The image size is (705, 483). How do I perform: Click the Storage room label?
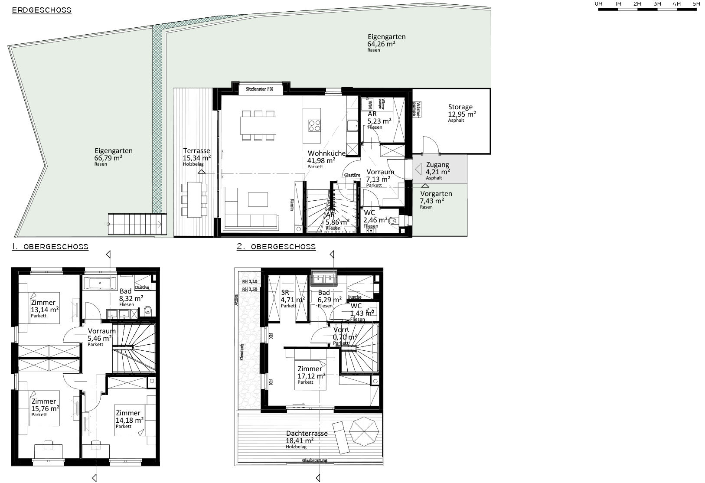click(x=460, y=107)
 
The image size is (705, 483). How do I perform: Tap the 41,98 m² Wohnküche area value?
click(x=321, y=160)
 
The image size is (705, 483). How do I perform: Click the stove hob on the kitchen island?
click(x=314, y=125)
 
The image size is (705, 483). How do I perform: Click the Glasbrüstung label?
click(x=315, y=460)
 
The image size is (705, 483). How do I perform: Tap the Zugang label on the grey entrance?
click(x=437, y=165)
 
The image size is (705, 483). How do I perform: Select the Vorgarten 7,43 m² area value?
click(x=431, y=201)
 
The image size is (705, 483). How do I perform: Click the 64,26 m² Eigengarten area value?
click(x=381, y=44)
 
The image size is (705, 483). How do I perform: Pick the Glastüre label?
click(x=352, y=175)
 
